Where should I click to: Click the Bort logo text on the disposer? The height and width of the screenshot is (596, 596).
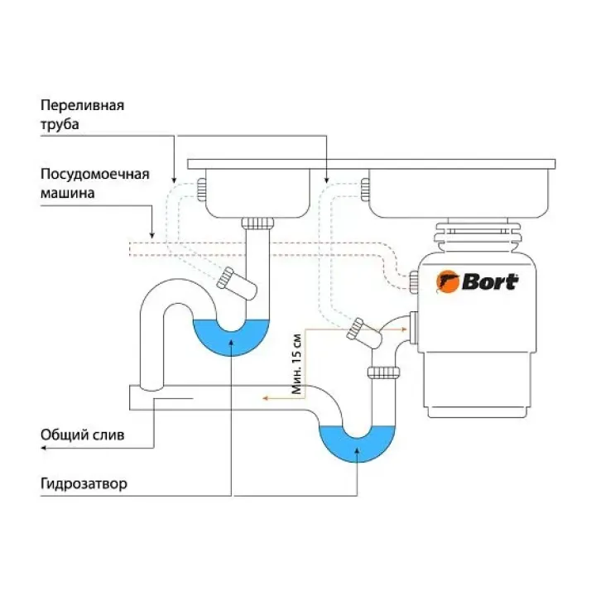tap(489, 282)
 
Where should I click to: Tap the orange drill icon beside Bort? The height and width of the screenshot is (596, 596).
tap(448, 282)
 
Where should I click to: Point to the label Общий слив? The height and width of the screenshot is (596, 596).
tap(83, 435)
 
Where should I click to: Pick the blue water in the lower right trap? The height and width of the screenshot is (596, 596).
tap(358, 444)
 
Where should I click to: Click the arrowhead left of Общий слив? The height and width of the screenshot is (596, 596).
tap(44, 448)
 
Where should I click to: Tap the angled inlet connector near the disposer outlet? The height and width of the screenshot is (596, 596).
tap(361, 329)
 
